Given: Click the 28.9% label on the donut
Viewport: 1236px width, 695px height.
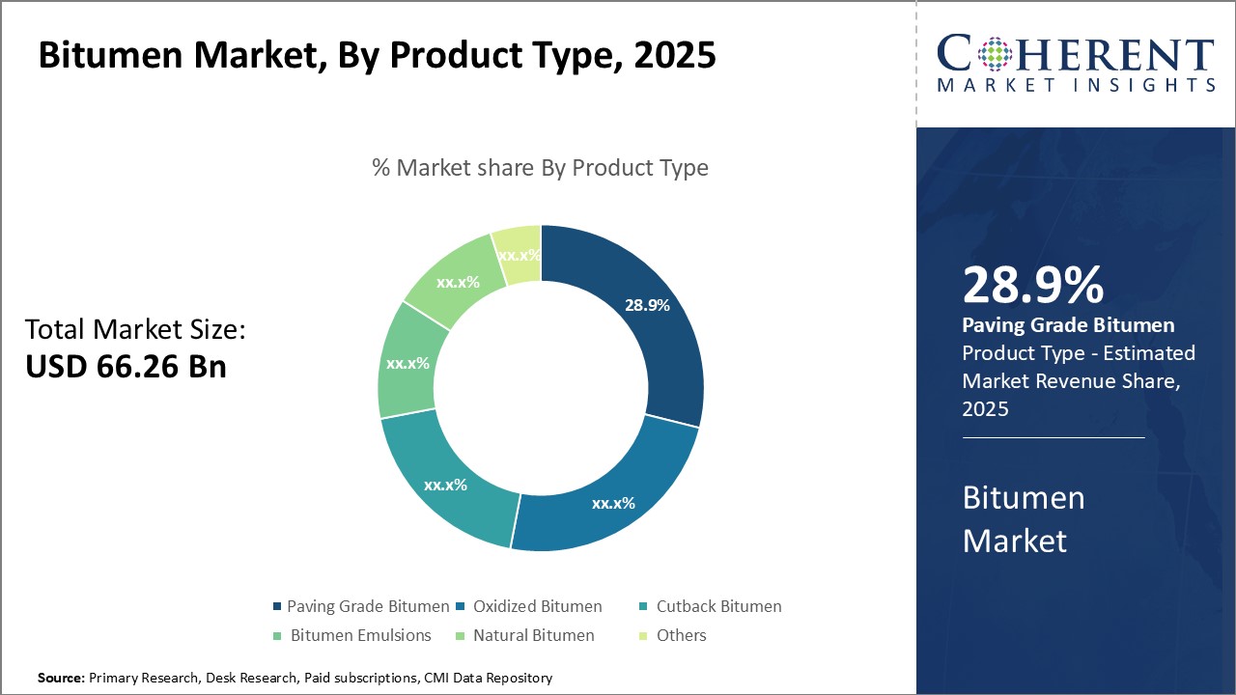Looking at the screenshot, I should [647, 305].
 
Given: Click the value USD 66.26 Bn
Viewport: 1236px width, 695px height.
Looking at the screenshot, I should [126, 367].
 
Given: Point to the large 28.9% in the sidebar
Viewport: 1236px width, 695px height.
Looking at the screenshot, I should [1033, 286].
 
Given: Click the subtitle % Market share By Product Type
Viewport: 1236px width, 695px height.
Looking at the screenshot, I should [541, 168].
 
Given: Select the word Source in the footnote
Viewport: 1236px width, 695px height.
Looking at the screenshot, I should [61, 679].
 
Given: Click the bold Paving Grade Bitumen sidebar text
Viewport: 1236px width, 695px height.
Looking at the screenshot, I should [1068, 325].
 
